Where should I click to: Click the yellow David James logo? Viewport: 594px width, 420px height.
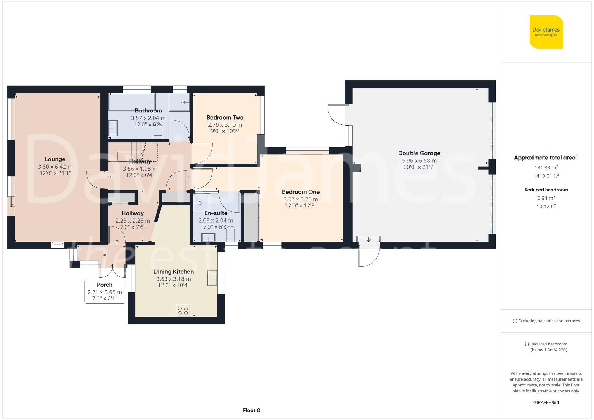[x=546, y=32]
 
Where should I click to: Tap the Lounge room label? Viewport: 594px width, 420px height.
[x=55, y=159]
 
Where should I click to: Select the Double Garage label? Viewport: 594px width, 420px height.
[x=419, y=153]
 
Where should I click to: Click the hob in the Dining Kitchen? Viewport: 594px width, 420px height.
[x=183, y=311]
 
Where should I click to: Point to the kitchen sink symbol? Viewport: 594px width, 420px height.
[x=212, y=278]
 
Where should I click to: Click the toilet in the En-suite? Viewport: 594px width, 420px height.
[x=230, y=234]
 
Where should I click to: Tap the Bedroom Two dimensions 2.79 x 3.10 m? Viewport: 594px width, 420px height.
[x=225, y=125]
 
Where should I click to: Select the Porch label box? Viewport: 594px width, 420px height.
[x=105, y=291]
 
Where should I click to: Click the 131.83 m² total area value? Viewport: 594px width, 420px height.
[x=546, y=167]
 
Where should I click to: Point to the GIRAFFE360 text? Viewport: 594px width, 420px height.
[x=546, y=402]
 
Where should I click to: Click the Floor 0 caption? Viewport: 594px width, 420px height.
[x=251, y=411]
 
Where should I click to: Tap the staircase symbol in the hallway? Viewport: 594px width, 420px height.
[x=134, y=151]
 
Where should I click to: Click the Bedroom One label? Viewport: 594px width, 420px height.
[x=301, y=192]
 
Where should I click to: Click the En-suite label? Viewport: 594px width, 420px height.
[x=216, y=213]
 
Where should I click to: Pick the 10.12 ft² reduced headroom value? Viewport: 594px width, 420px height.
[x=546, y=206]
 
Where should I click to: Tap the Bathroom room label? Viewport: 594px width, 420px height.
[x=148, y=111]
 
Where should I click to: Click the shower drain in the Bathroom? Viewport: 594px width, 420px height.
[x=183, y=102]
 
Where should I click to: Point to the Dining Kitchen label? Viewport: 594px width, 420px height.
[x=173, y=272]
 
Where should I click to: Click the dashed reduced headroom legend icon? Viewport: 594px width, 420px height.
[x=527, y=344]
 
